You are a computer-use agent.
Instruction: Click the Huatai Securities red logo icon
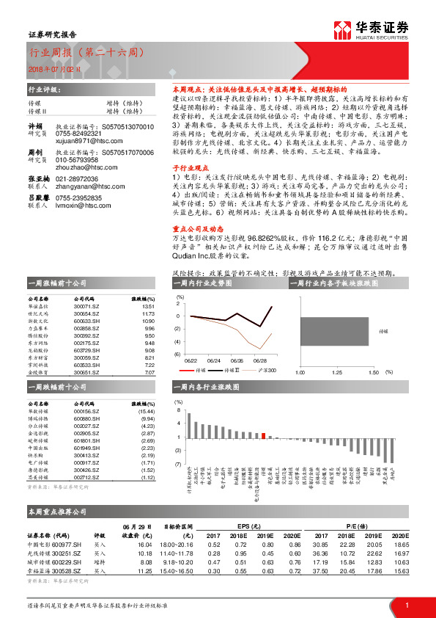(341, 29)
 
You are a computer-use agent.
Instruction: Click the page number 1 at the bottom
(406, 604)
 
